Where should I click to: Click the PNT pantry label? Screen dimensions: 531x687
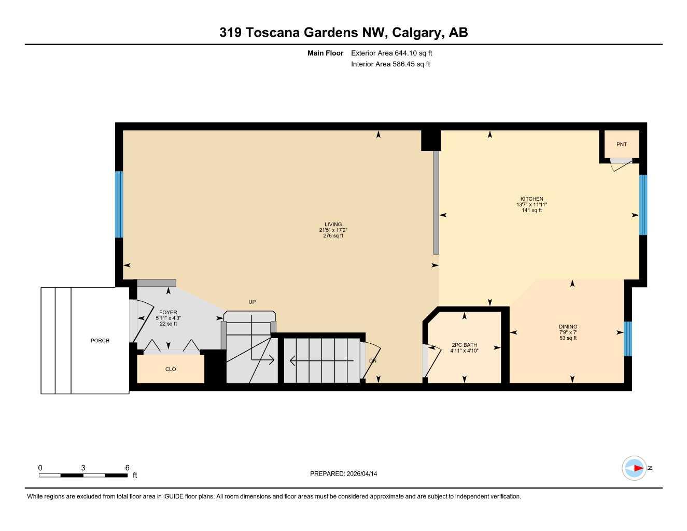point(621,144)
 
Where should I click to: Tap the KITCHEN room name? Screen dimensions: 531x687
point(531,199)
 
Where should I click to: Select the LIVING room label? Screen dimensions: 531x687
point(333,225)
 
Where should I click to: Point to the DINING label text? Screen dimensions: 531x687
point(568,327)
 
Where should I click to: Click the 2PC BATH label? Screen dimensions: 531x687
point(464,345)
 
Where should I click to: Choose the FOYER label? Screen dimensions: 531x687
point(168,313)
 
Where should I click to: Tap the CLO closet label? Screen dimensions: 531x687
point(171,369)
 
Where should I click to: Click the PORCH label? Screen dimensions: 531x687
point(100,341)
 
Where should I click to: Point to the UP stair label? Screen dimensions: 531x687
point(252,302)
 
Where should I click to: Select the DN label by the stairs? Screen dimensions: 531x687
point(372,360)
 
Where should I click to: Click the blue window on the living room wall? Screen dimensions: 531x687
point(119,204)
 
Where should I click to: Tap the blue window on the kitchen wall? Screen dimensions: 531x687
point(643,205)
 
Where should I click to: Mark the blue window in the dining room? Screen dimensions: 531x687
point(627,339)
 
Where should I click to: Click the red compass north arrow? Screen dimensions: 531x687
point(637,468)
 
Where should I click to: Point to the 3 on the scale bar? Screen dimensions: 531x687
point(83,468)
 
